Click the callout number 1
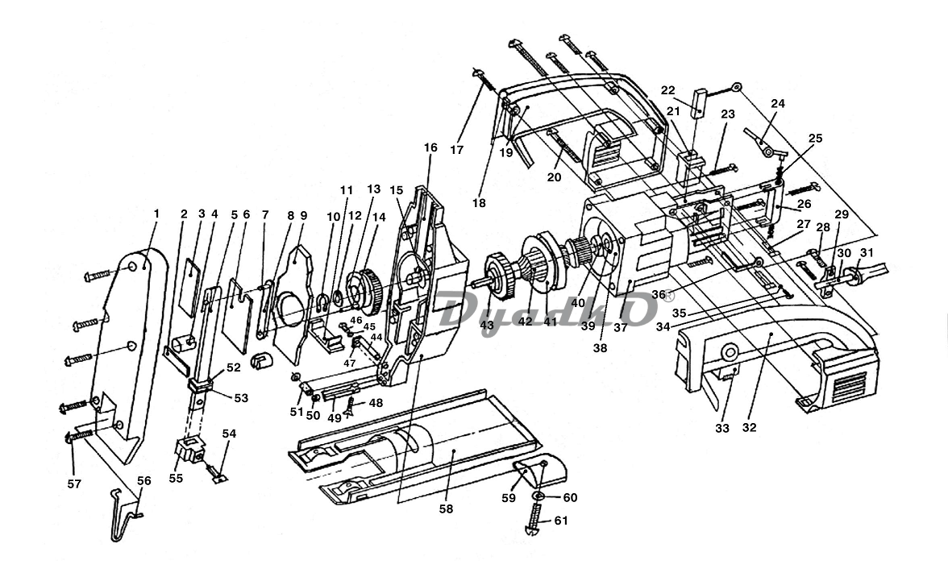[156, 214]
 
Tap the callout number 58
[447, 509]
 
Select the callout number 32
[749, 428]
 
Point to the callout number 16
[430, 147]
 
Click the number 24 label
[777, 103]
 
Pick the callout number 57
[74, 484]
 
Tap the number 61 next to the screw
[561, 521]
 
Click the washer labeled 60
[538, 496]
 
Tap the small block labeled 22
[701, 102]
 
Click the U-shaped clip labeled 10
[322, 302]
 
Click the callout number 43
[487, 325]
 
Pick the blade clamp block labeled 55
[190, 450]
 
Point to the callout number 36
[659, 294]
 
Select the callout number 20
[554, 177]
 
